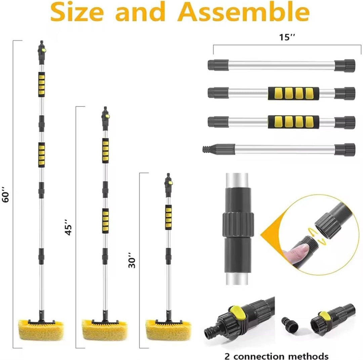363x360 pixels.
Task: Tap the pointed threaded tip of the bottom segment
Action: [206, 148]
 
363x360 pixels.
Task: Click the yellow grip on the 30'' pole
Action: [168, 217]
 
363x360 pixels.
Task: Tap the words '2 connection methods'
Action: [276, 356]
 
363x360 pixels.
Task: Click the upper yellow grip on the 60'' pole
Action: [42, 84]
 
